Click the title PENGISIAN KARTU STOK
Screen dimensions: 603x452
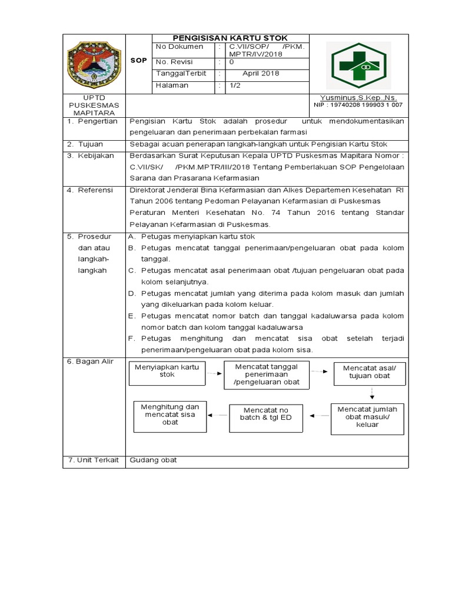230,38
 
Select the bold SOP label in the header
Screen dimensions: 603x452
139,61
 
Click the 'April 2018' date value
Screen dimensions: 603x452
261,74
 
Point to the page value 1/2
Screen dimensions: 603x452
235,85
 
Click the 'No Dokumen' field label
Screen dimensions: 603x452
180,47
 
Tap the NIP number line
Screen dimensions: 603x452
358,105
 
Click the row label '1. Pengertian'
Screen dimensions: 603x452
92,121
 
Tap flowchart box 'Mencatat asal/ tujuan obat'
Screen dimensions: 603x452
370,372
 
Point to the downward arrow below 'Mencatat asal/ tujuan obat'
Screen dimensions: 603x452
371,393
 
